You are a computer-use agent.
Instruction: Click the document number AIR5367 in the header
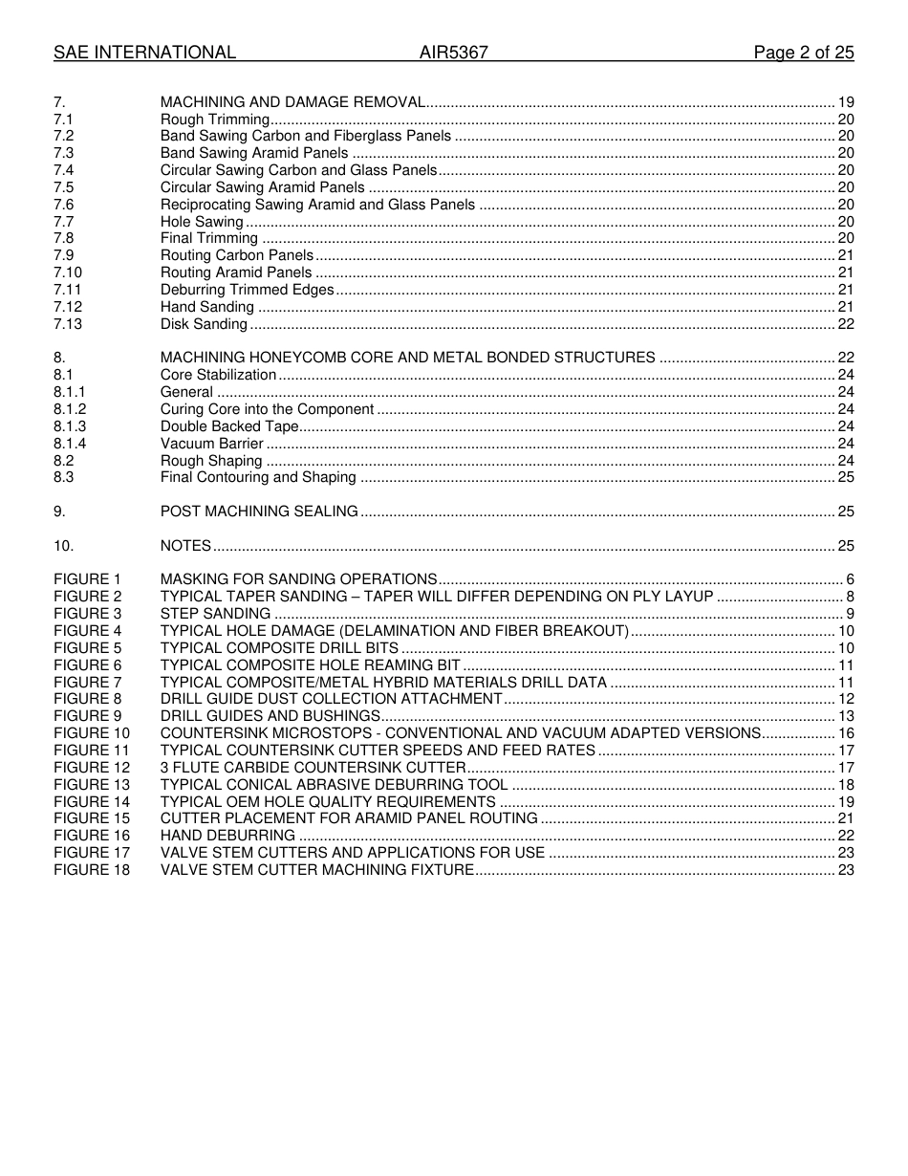tap(454, 53)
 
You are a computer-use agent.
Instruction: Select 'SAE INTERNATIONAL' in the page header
tap(144, 53)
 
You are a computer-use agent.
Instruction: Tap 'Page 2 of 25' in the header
tap(804, 53)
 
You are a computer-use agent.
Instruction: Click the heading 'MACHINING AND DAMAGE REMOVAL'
tap(292, 102)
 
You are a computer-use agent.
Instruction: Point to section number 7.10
tap(68, 272)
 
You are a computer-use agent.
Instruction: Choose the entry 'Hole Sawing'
tap(202, 222)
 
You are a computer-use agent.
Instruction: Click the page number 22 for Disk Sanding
tap(846, 324)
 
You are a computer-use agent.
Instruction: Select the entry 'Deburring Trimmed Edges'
tap(248, 290)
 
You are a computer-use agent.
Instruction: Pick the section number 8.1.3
tap(70, 426)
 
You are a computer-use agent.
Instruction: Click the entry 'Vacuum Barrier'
tap(212, 444)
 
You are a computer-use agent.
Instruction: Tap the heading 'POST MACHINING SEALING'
tap(259, 512)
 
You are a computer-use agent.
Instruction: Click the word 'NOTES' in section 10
tap(185, 546)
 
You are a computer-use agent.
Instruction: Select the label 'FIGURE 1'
tap(88, 579)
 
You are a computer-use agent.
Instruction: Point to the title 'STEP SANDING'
tap(215, 614)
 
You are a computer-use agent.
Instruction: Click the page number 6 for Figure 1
tap(850, 579)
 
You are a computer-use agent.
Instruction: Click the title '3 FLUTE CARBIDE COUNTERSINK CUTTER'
tap(313, 768)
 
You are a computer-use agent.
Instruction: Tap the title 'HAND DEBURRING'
tap(227, 836)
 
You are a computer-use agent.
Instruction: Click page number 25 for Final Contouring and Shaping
tap(846, 477)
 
